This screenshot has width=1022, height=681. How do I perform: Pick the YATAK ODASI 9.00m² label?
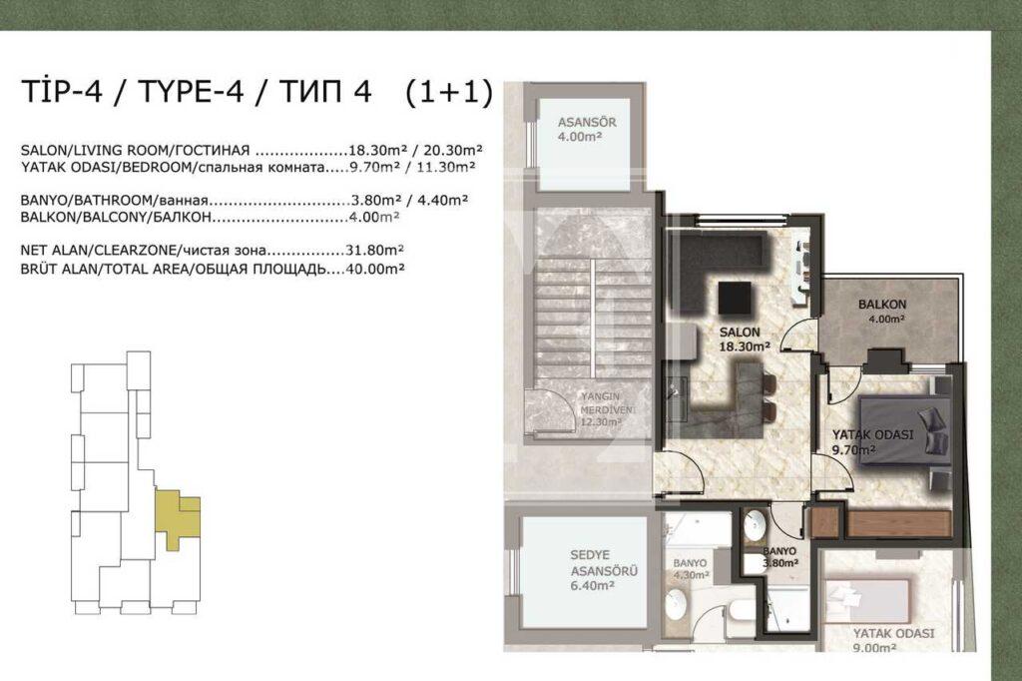click(893, 639)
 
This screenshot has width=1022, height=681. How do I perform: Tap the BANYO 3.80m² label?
click(779, 556)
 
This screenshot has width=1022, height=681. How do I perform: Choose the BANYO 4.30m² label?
click(691, 568)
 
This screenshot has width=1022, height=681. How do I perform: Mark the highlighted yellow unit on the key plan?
click(179, 514)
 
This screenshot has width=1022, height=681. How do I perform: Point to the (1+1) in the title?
click(449, 92)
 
